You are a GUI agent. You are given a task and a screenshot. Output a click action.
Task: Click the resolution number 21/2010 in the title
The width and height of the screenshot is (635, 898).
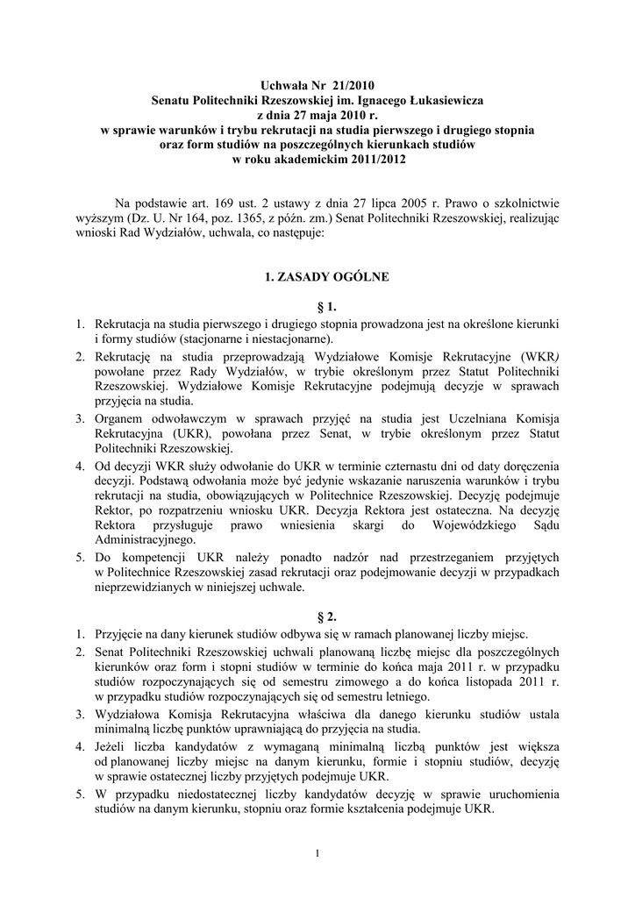pyautogui.click(x=352, y=86)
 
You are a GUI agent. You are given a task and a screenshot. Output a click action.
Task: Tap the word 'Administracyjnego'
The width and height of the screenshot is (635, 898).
pyautogui.click(x=144, y=542)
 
